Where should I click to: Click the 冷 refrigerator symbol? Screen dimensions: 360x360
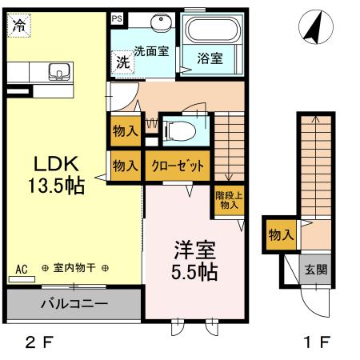click(x=17, y=25)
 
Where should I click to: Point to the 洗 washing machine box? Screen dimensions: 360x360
click(x=123, y=62)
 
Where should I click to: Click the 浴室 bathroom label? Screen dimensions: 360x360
click(x=210, y=58)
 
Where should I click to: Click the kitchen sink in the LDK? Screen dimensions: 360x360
click(x=58, y=75)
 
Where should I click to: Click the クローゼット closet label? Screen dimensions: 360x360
click(x=178, y=166)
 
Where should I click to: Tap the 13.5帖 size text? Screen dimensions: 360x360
click(x=54, y=186)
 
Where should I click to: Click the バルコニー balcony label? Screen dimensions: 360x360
click(x=73, y=305)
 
